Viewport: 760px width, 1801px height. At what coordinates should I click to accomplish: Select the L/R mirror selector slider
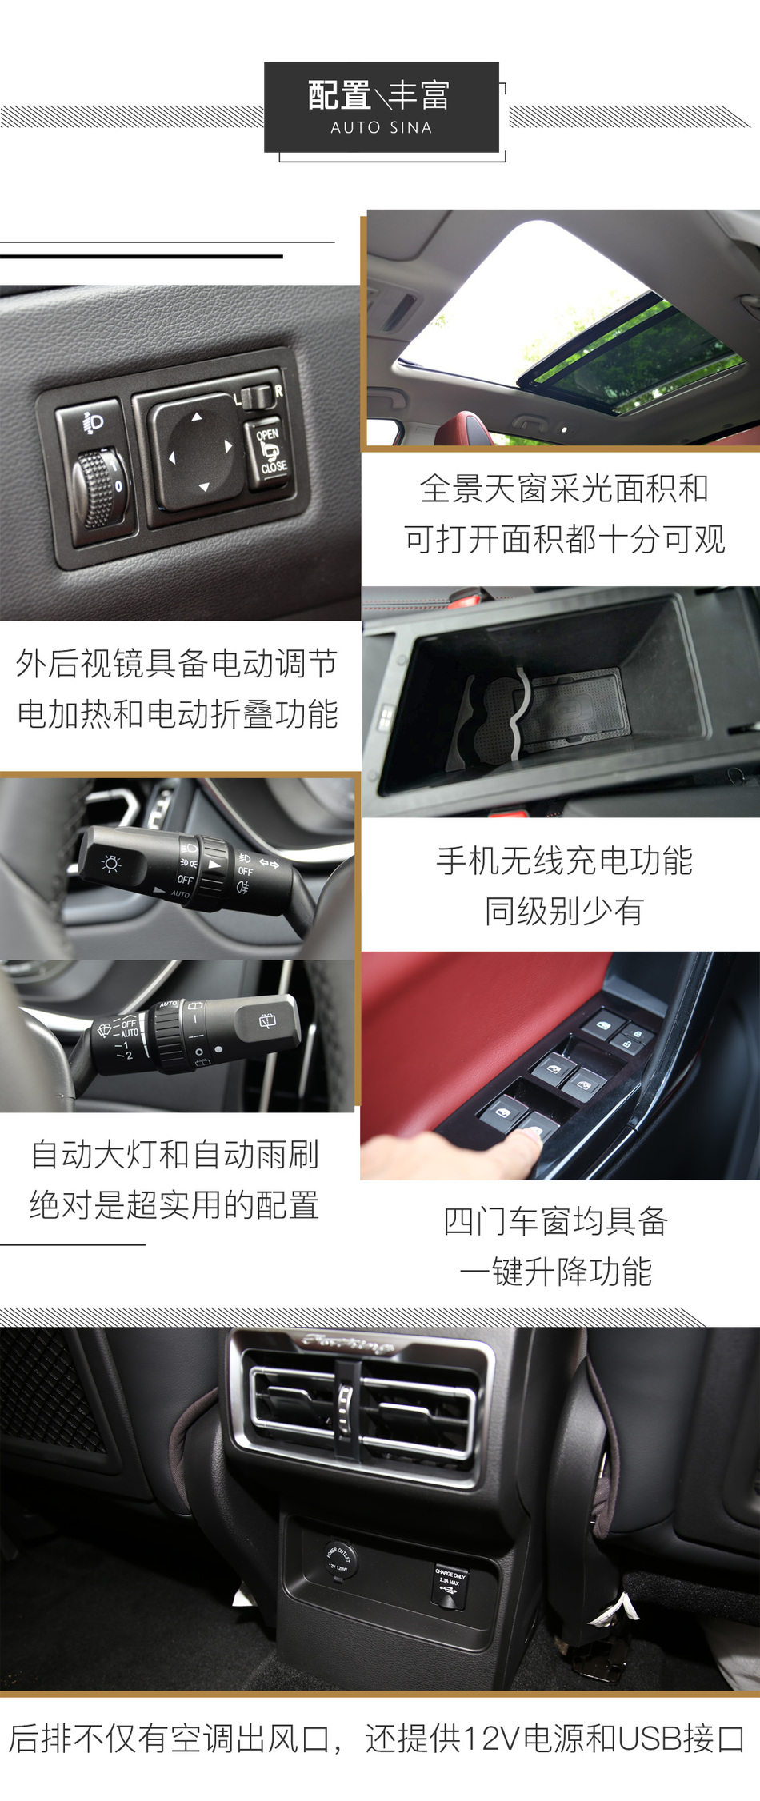(258, 395)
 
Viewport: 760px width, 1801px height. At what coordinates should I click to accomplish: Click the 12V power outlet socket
(338, 1560)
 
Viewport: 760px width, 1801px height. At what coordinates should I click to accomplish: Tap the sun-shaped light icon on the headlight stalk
(111, 863)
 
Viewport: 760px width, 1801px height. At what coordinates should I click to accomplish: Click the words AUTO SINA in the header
(381, 127)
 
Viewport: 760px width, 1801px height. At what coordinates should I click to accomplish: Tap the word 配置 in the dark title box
(339, 96)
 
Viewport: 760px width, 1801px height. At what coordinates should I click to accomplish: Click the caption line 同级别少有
(564, 911)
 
